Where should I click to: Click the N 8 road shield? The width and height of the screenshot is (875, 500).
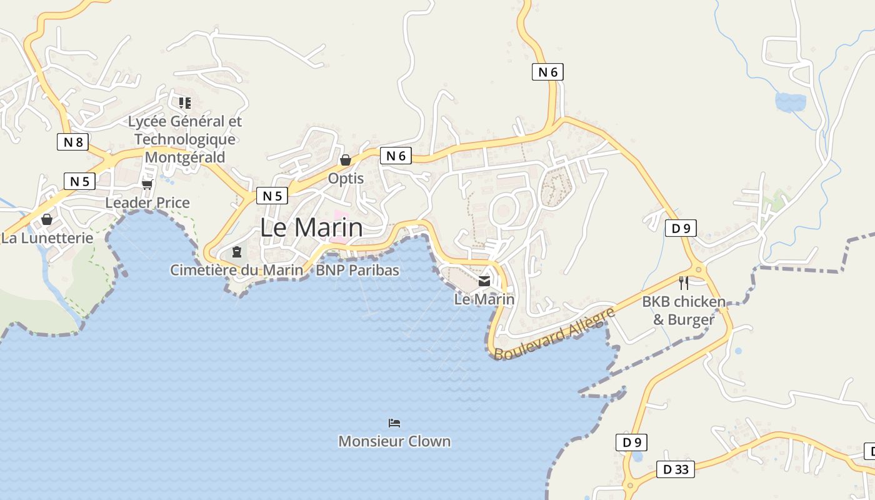[x=73, y=142]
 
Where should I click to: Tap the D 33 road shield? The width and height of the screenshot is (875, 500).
[x=676, y=469]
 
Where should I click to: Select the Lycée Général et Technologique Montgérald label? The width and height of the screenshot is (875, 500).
[x=184, y=139]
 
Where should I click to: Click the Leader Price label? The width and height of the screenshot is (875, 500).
[x=147, y=202]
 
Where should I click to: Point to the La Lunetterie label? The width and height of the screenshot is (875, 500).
[x=47, y=238]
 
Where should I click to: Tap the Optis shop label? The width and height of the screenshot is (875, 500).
[x=346, y=178]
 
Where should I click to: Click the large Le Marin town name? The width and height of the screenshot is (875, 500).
[x=311, y=227]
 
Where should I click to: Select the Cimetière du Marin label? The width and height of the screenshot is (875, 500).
[x=237, y=270]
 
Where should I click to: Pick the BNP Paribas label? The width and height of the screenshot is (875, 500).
[x=357, y=270]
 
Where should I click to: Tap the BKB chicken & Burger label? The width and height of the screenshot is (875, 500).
[x=684, y=311]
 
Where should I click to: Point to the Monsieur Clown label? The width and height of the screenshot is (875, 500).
[x=394, y=441]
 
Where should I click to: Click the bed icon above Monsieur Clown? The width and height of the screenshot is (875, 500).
[x=394, y=423]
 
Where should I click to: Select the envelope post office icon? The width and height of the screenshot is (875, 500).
[x=484, y=281]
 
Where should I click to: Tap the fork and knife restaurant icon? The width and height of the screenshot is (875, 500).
[x=684, y=283]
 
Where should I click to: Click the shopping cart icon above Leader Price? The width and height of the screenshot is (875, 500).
[x=147, y=184]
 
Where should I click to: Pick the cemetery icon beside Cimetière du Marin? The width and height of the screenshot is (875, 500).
[x=237, y=252]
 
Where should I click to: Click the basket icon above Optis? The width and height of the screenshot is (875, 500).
[x=346, y=160]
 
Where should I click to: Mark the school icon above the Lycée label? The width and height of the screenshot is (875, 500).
[x=184, y=102]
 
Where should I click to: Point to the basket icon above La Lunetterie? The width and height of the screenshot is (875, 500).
[x=47, y=219]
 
